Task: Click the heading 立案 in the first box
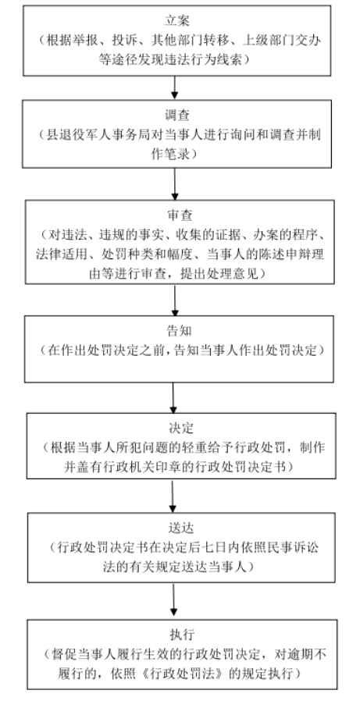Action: pyautogui.click(x=177, y=20)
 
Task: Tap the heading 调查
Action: pyautogui.click(x=177, y=116)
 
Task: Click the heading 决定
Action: pyautogui.click(x=181, y=429)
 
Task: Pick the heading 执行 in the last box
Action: pyautogui.click(x=182, y=635)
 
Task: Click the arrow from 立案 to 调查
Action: pyautogui.click(x=174, y=87)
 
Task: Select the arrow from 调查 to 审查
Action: pyautogui.click(x=175, y=183)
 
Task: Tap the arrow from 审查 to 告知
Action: pyautogui.click(x=175, y=300)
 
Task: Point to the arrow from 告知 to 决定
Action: pyautogui.click(x=173, y=397)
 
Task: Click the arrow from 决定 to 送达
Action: pyautogui.click(x=173, y=496)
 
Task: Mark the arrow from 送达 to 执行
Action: pyautogui.click(x=173, y=600)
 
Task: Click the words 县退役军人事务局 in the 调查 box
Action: pyautogui.click(x=94, y=136)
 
